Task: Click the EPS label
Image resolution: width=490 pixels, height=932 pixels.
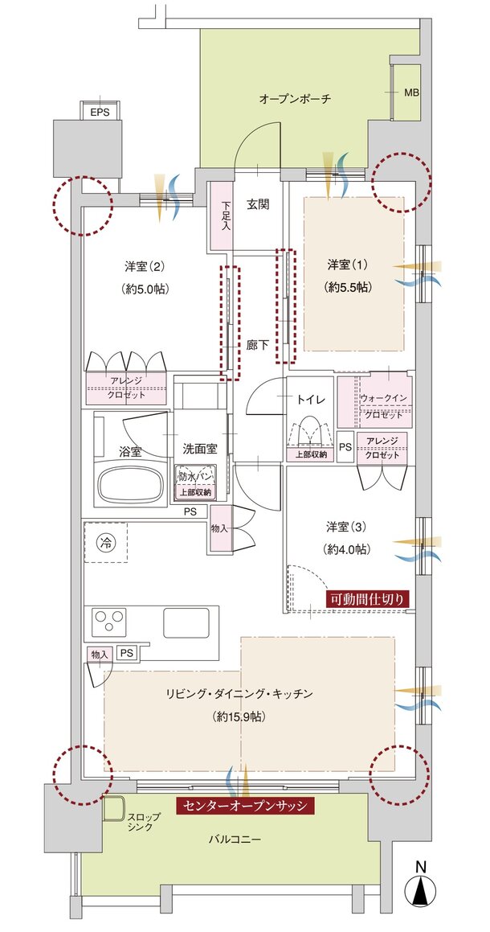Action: click(x=100, y=112)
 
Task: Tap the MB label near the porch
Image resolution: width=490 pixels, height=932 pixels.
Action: click(x=411, y=93)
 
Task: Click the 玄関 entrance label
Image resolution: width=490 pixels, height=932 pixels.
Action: click(x=257, y=203)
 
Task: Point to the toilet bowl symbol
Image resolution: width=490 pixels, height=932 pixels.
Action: click(x=308, y=435)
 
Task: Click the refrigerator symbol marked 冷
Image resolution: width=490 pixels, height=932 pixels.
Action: click(x=106, y=543)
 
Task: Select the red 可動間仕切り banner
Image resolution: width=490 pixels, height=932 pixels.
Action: click(x=369, y=599)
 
